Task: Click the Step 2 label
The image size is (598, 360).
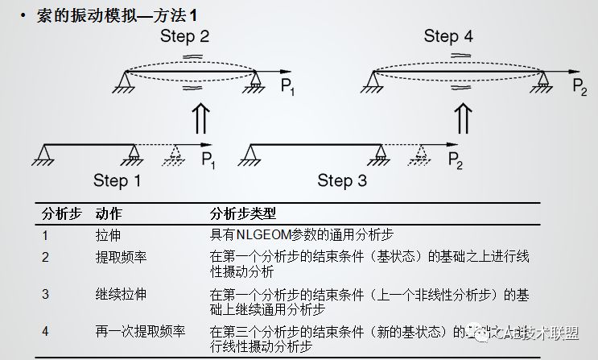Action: click(x=185, y=36)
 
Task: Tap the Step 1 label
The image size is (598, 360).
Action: click(x=117, y=180)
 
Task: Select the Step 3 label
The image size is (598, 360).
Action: click(x=342, y=180)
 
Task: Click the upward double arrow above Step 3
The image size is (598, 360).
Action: click(x=463, y=121)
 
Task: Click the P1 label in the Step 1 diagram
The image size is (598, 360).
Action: click(x=208, y=159)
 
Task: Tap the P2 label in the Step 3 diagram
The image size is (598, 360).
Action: click(x=455, y=159)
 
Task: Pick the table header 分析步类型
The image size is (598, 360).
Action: click(x=242, y=215)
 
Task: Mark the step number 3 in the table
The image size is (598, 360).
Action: click(x=46, y=294)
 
